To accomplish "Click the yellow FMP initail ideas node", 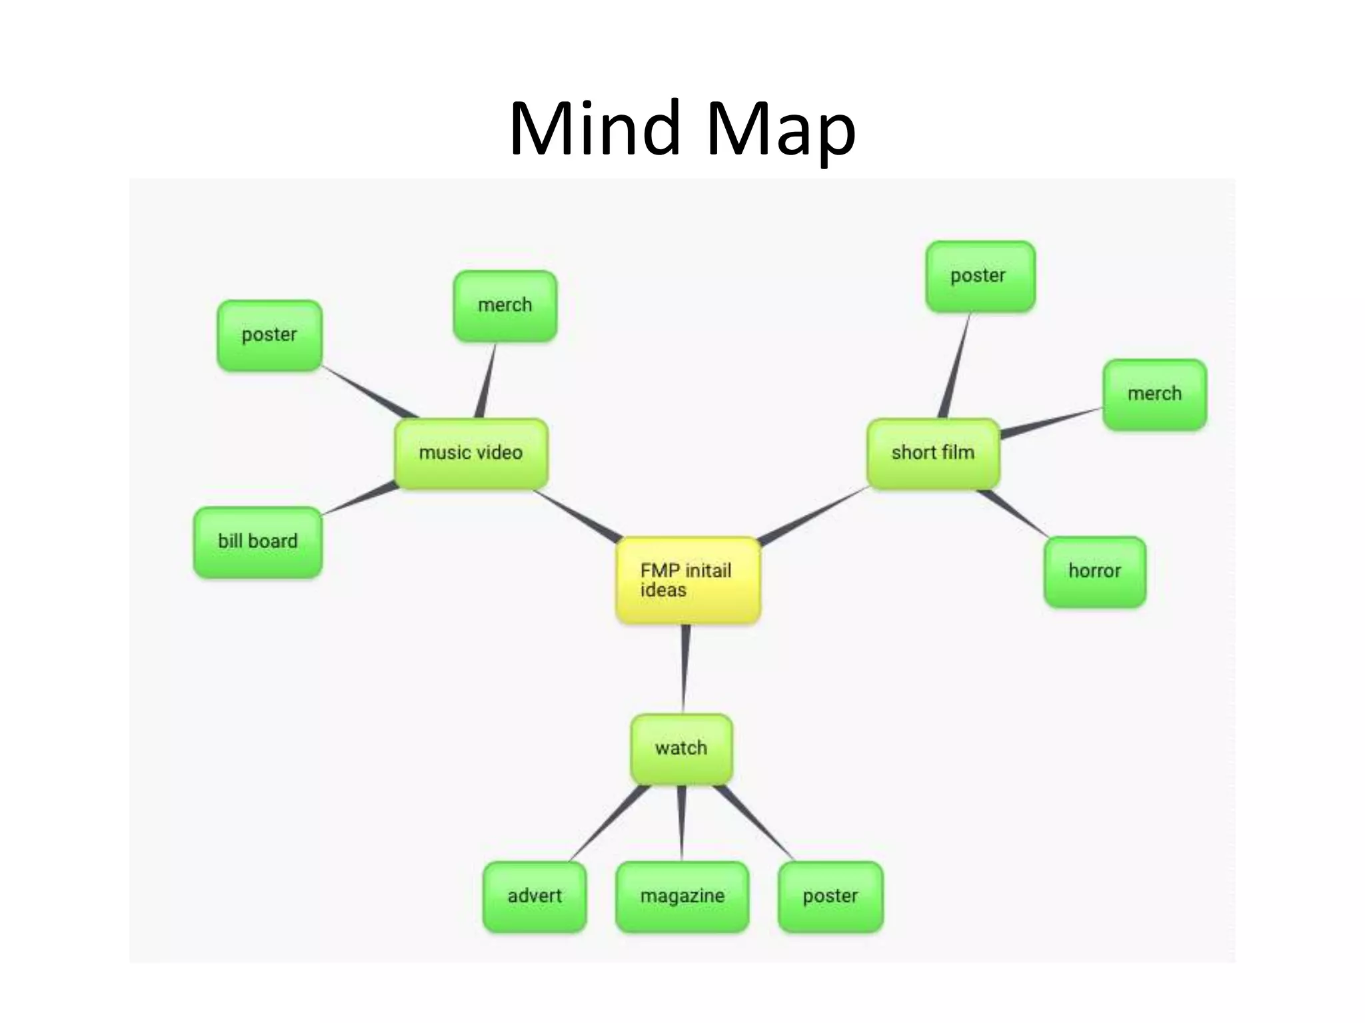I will point(687,580).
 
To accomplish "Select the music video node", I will point(471,453).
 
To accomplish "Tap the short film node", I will point(933,453).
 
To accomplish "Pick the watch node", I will point(681,749).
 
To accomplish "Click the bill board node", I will point(258,541).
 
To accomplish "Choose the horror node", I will point(1094,571).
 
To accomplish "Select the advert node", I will point(535,896).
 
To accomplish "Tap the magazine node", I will point(682,896).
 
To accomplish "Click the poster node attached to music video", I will point(269,335).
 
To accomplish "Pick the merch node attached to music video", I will point(505,306).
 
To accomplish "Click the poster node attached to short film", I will point(980,276).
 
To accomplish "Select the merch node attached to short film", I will point(1154,394).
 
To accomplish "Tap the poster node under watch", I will point(830,896).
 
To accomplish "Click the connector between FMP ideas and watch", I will point(684,669).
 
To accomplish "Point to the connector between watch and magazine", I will point(681,823).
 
